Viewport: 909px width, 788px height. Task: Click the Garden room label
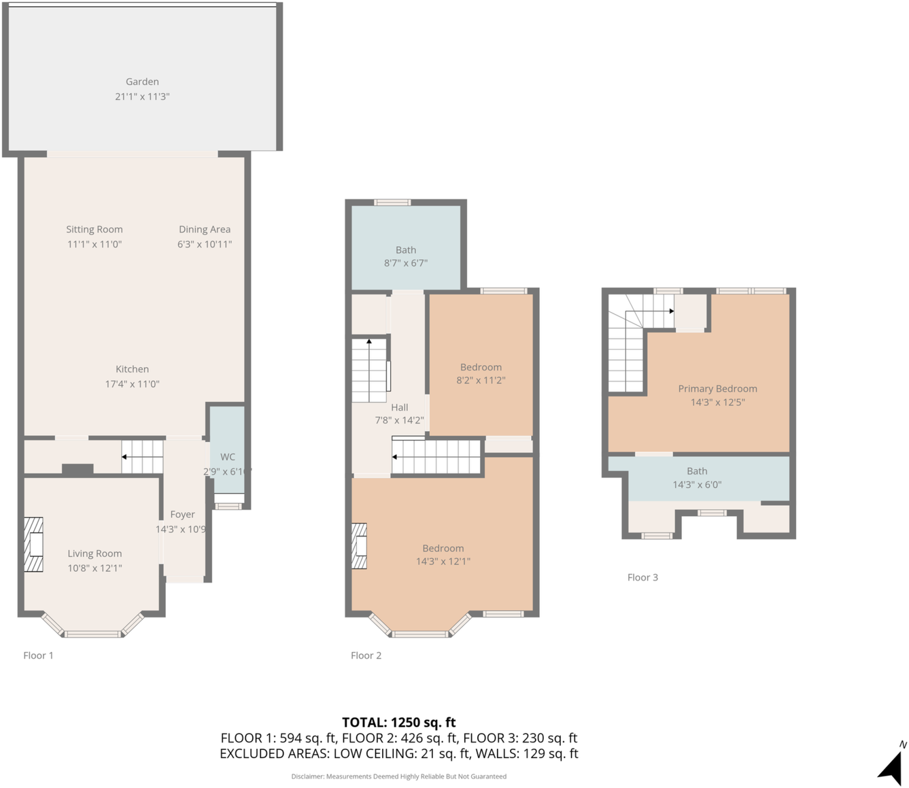point(142,82)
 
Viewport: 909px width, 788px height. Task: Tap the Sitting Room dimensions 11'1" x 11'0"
point(95,244)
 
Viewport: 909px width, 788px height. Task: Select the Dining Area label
point(205,229)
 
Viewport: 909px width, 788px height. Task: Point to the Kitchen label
point(132,369)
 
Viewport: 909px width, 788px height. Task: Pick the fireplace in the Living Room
point(34,545)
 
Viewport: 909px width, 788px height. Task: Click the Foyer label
point(182,515)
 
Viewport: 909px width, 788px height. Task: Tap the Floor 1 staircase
point(142,457)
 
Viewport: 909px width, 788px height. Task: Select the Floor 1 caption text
point(38,655)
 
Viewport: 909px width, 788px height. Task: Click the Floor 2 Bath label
point(406,250)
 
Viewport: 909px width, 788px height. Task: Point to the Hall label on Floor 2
point(400,407)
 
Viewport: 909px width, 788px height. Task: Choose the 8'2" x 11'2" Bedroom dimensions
point(481,381)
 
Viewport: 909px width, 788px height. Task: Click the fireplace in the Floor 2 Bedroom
point(359,545)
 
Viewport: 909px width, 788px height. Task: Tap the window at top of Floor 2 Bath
point(392,202)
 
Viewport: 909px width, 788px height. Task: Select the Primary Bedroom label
point(717,389)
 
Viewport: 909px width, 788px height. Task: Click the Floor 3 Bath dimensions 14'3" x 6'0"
point(697,485)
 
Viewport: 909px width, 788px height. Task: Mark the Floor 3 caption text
point(642,577)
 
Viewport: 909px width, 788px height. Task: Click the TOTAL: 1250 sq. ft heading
point(398,722)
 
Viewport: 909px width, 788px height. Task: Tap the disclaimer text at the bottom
point(398,776)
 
